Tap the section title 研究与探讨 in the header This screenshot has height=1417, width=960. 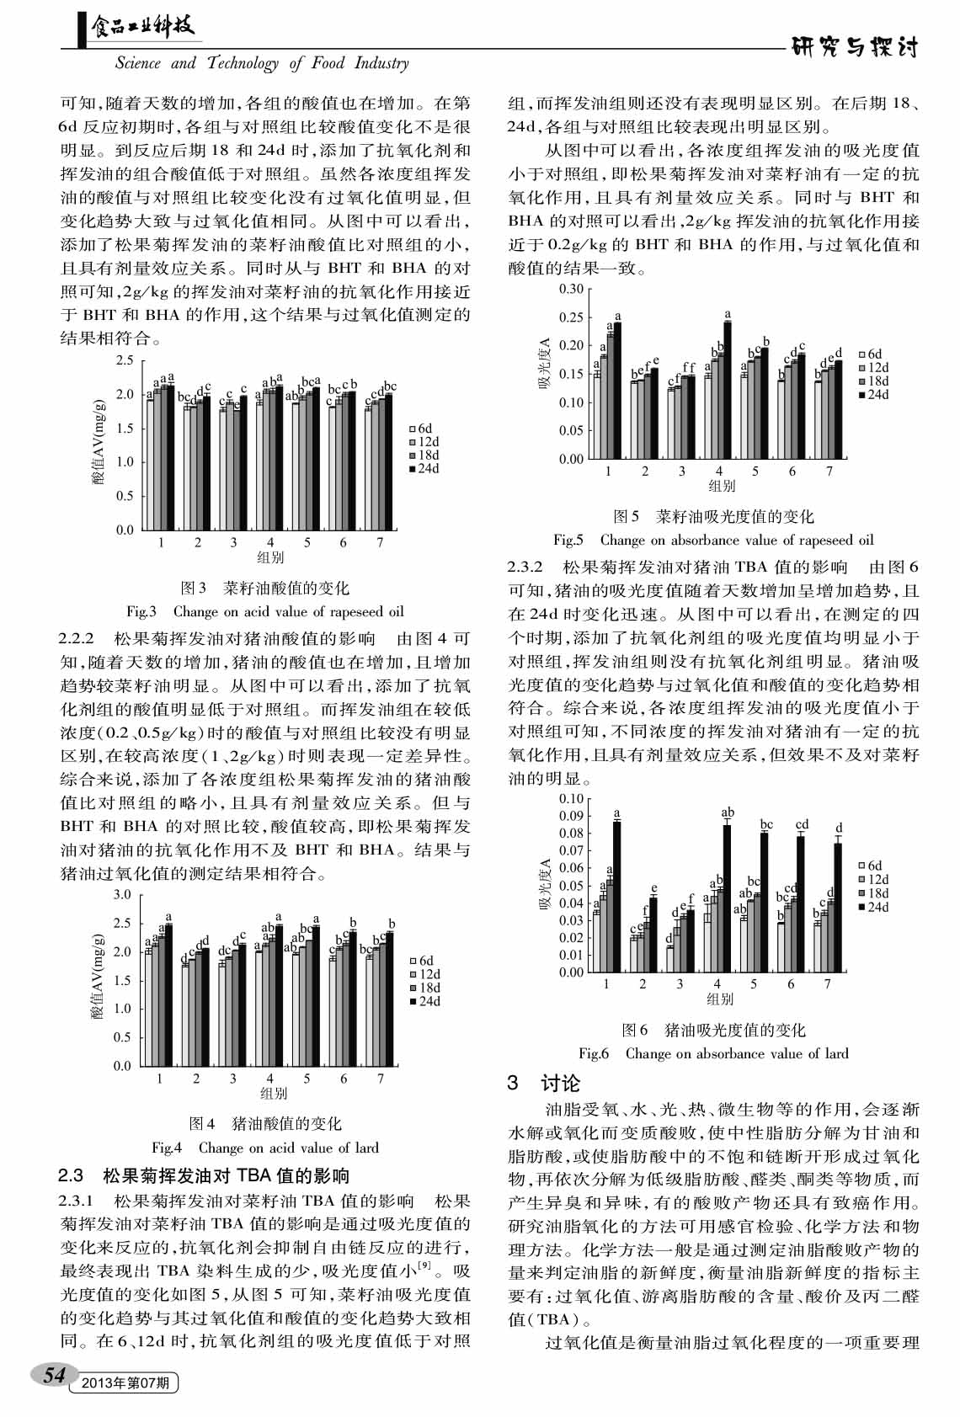click(x=855, y=47)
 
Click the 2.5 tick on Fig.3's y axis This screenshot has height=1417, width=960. click(x=125, y=360)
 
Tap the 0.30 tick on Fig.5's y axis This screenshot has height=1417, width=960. click(x=571, y=289)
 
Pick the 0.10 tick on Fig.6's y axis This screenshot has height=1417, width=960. click(x=571, y=799)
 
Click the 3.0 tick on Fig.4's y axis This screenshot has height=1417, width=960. click(x=122, y=894)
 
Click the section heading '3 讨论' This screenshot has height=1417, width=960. click(x=544, y=1084)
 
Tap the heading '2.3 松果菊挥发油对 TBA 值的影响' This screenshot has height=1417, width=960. click(x=204, y=1175)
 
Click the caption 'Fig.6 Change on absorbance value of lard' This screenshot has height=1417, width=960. click(x=713, y=1053)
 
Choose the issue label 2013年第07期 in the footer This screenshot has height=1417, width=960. click(x=125, y=1382)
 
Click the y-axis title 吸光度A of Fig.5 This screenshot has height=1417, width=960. click(x=544, y=364)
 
